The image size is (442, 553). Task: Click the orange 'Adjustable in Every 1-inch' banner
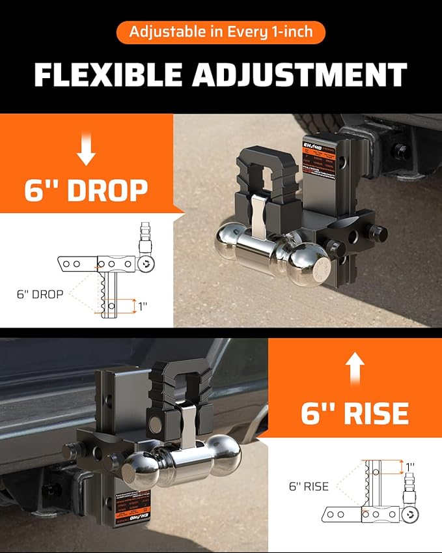pos(221,32)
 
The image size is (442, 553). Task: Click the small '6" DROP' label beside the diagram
pos(40,294)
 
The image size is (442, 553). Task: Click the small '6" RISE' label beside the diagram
pos(309,486)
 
